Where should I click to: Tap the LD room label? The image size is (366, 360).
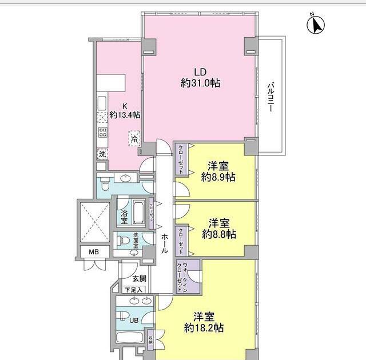tap(200, 73)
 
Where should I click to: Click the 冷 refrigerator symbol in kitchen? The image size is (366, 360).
tap(134, 138)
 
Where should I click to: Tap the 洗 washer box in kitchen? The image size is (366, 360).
tap(102, 154)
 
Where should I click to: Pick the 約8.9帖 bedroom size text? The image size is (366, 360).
tap(218, 177)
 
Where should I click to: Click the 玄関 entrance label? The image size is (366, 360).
tap(139, 279)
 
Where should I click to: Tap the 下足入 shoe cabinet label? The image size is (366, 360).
tap(134, 290)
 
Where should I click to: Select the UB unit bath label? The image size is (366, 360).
tap(133, 320)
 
